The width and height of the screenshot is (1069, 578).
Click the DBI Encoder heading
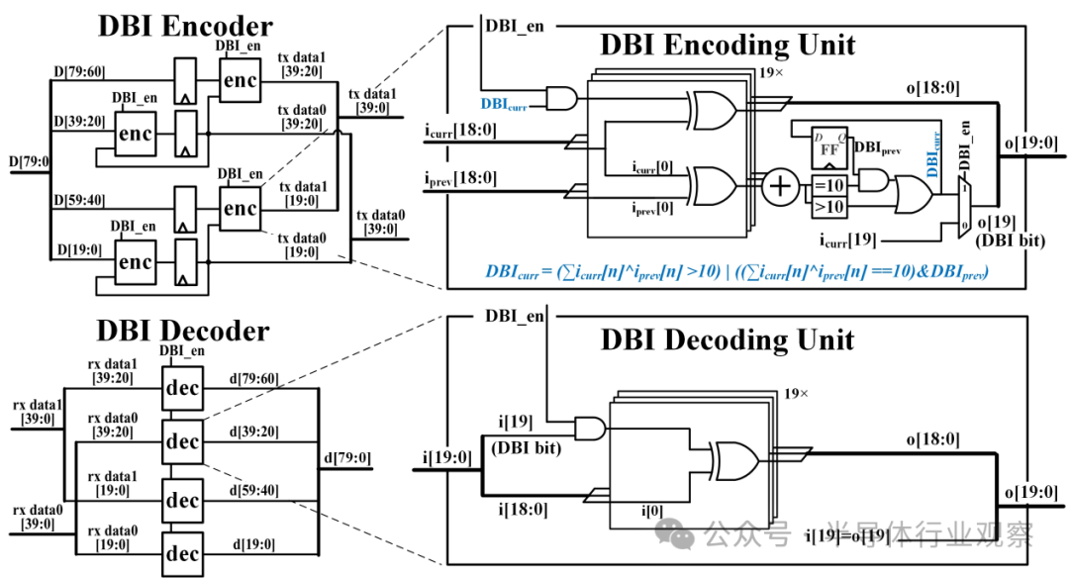[x=185, y=27]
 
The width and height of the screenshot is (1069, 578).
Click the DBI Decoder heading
[x=183, y=329]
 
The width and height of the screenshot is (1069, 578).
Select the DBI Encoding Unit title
[x=728, y=45]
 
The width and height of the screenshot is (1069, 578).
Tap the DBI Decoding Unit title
[x=728, y=339]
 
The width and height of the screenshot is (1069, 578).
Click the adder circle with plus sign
[x=782, y=185]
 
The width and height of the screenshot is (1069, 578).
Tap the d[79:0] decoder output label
[x=345, y=457]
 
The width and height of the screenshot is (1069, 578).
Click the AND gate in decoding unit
[x=591, y=429]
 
